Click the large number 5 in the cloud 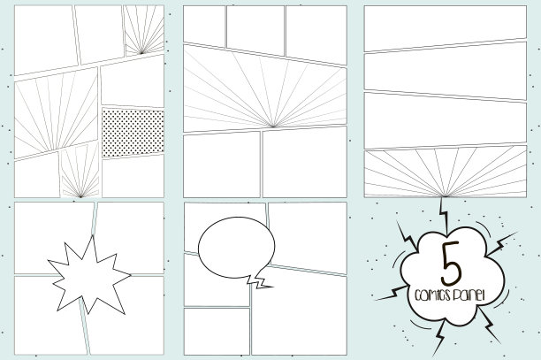451,264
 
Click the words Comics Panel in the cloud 450,295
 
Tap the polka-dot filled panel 133,133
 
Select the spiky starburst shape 89,275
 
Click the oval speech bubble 237,247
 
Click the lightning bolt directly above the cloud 445,216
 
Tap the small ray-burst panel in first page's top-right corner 144,30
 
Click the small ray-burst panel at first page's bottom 80,172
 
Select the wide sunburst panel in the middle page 265,89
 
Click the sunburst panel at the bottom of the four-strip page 446,172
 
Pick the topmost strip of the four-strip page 446,27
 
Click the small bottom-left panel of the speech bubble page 217,332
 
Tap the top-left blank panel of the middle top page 204,27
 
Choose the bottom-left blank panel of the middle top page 222,165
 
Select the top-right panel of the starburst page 130,238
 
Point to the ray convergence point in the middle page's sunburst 273,126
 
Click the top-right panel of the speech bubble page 308,238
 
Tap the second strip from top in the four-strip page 446,71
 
